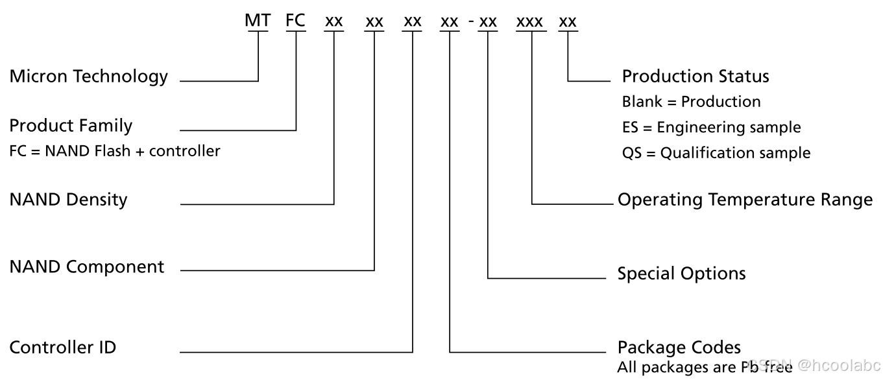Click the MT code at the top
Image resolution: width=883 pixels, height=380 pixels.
point(258,21)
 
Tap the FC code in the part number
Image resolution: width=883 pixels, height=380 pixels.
point(296,21)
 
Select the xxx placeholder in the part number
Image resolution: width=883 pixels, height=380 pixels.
point(529,22)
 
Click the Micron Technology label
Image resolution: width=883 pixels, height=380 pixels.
point(89,77)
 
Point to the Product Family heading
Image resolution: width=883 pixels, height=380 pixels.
point(71,125)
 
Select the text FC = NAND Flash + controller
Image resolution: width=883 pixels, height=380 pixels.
point(115,151)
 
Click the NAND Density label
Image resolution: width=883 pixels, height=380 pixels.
point(68,199)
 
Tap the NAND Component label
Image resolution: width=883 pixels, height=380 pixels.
point(87,267)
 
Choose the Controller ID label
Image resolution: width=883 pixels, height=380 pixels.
point(63,347)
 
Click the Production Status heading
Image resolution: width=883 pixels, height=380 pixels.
point(696,77)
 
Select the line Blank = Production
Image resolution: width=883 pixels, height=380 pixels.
point(691,102)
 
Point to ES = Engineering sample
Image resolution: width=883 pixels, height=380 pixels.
point(711,127)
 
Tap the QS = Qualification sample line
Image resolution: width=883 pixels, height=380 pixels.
point(716,153)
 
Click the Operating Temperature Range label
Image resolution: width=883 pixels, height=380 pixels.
point(745,200)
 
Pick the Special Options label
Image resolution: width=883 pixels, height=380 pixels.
point(681,273)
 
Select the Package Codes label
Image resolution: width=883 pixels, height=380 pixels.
point(679,347)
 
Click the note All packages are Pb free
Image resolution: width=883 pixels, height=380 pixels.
point(705,368)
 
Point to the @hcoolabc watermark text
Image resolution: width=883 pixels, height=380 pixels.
point(840,366)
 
